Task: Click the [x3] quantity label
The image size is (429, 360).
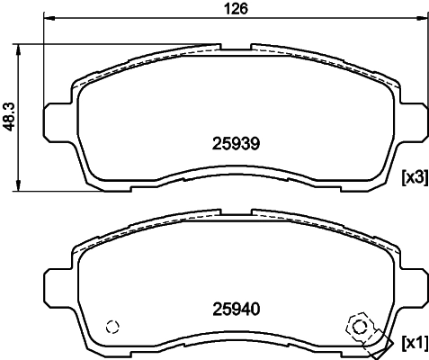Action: point(413,176)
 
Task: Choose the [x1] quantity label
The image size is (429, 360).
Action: point(413,342)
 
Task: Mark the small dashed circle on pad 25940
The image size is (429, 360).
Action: point(112,328)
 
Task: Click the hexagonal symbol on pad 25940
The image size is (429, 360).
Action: point(358,326)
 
